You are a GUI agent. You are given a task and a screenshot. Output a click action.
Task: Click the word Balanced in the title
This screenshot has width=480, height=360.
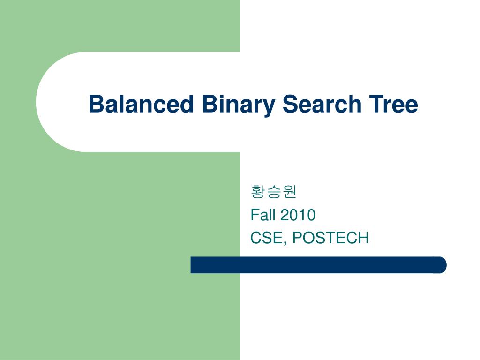pyautogui.click(x=141, y=104)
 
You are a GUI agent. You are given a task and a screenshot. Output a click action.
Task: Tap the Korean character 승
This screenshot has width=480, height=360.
pyautogui.click(x=274, y=192)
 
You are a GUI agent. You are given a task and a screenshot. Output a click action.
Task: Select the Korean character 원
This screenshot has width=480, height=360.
pyautogui.click(x=290, y=192)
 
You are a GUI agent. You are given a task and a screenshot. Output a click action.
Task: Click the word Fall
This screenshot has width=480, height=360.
pyautogui.click(x=263, y=215)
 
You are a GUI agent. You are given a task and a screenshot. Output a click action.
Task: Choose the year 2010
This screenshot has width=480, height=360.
pyautogui.click(x=298, y=215)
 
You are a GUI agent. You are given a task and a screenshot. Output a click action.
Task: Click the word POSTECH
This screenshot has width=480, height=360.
pyautogui.click(x=330, y=238)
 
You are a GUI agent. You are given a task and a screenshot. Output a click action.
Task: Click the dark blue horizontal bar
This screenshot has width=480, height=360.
pyautogui.click(x=318, y=265)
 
